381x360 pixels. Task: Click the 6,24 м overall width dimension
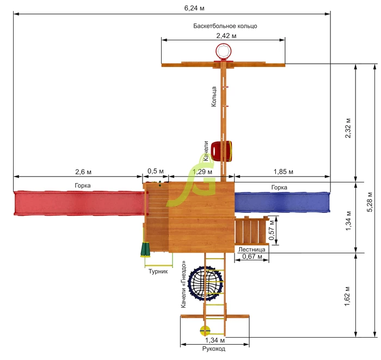[194, 8]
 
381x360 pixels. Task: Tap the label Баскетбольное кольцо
[225, 26]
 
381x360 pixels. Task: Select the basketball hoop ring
[224, 51]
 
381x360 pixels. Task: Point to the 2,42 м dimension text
[226, 36]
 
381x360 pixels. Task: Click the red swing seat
[221, 151]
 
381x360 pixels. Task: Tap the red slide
[79, 203]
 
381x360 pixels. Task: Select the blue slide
[282, 202]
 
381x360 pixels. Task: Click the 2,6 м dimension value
[83, 172]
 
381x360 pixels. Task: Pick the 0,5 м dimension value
[156, 171]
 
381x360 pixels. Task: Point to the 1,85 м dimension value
[284, 172]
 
